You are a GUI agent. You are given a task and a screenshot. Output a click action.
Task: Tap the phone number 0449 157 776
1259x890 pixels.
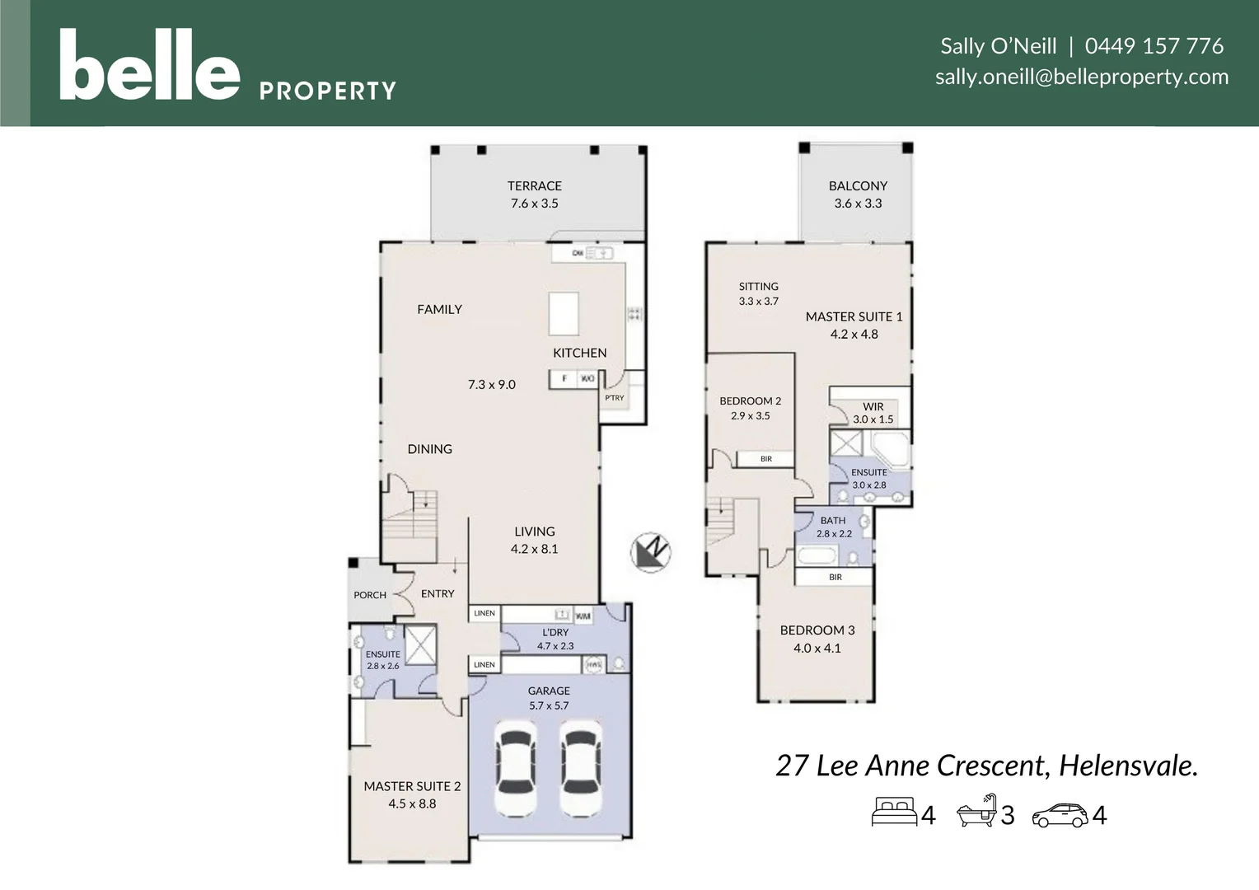[x=1154, y=46]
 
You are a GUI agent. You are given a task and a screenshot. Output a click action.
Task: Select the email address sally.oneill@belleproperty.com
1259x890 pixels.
[x=1081, y=77]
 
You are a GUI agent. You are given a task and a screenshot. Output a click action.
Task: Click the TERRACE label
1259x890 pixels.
[x=534, y=186]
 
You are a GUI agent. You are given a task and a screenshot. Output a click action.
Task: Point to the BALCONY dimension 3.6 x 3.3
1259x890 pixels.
[x=858, y=204]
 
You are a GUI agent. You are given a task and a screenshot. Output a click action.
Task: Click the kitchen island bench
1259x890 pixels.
[x=564, y=313]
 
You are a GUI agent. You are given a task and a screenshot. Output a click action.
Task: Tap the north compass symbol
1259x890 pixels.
[x=651, y=551]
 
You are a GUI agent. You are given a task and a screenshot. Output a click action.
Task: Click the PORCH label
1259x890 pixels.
[x=370, y=595]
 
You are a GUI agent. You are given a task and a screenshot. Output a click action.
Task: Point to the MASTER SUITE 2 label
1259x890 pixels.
[x=412, y=786]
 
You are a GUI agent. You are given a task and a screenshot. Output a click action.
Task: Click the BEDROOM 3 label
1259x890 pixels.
[x=817, y=630]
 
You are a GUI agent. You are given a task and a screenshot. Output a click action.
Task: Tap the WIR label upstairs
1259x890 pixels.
[x=873, y=406]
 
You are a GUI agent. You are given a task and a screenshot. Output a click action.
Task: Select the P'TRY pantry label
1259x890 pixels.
[x=615, y=398]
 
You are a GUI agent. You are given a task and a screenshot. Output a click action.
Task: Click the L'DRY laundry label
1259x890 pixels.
[x=555, y=632]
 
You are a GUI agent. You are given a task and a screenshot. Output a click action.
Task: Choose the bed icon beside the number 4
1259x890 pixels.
[x=894, y=812]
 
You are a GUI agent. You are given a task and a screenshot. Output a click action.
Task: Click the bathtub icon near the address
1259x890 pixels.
[x=976, y=812]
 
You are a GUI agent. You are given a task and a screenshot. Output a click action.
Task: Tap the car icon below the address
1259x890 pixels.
[x=1060, y=815]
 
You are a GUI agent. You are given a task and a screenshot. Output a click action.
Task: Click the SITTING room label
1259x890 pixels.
[x=758, y=287]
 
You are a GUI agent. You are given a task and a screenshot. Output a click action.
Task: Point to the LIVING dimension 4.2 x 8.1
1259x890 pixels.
[x=534, y=549]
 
